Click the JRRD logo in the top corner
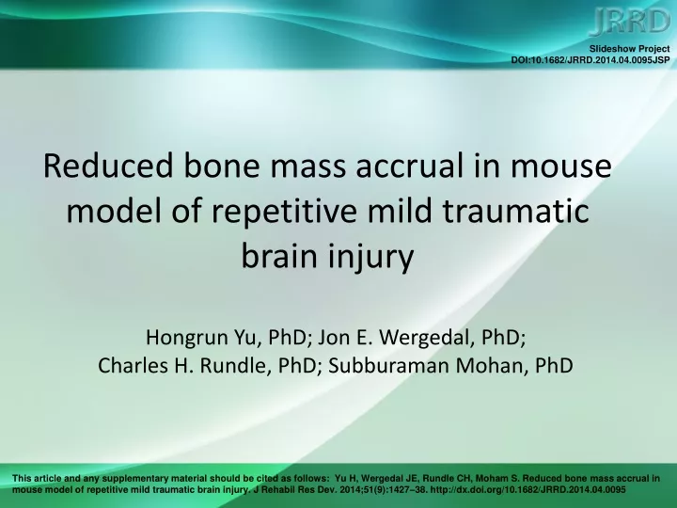click(629, 22)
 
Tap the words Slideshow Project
click(629, 49)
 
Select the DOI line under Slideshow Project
click(590, 60)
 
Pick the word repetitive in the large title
click(284, 212)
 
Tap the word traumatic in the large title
click(516, 211)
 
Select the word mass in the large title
click(307, 167)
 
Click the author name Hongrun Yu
click(201, 338)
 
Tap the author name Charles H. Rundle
click(185, 365)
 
